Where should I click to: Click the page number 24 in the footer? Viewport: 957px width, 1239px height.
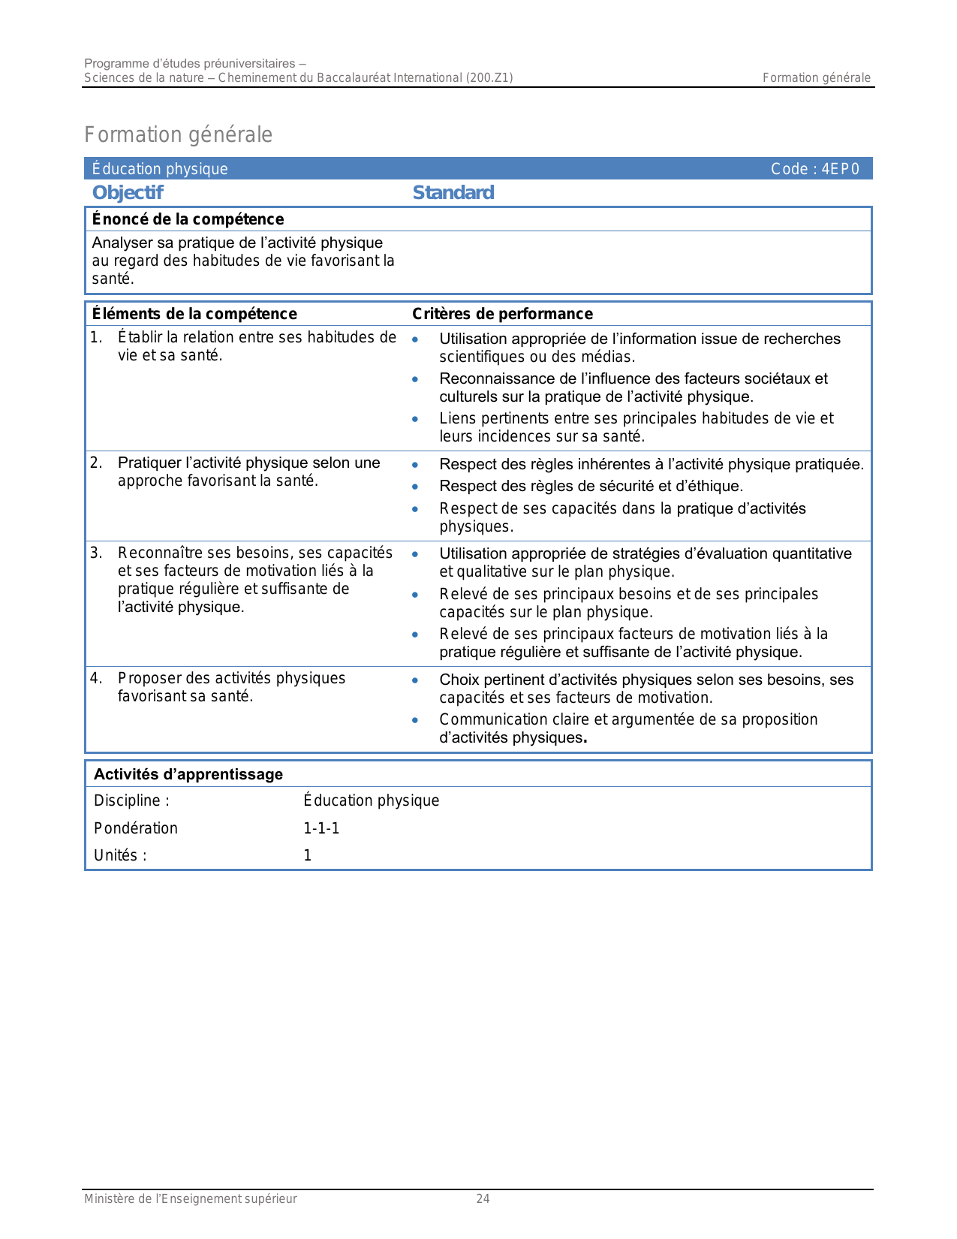tap(483, 1199)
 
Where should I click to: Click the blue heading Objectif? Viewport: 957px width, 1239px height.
tap(128, 193)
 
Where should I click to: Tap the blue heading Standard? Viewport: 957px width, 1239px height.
tap(453, 193)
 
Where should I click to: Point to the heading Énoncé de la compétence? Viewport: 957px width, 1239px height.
tap(188, 219)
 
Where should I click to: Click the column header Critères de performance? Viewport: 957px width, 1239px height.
tap(502, 314)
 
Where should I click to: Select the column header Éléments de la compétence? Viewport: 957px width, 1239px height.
tap(194, 314)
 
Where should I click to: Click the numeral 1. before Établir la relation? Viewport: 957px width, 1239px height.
tap(96, 338)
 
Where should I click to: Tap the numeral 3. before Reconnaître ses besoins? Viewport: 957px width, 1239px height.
tap(96, 553)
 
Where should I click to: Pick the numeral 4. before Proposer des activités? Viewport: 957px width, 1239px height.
tap(96, 679)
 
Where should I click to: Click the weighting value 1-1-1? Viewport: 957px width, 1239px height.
tap(321, 828)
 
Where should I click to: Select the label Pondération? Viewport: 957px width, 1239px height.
tap(136, 828)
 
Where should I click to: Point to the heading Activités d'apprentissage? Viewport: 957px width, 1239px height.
tap(188, 774)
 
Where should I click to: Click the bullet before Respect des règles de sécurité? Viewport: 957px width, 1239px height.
tap(415, 487)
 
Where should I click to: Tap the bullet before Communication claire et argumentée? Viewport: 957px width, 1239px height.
tap(415, 720)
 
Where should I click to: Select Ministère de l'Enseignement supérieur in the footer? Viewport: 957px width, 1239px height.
tap(191, 1199)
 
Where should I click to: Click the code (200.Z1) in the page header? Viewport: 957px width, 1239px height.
tap(489, 77)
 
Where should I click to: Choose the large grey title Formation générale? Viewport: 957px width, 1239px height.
tap(178, 134)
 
